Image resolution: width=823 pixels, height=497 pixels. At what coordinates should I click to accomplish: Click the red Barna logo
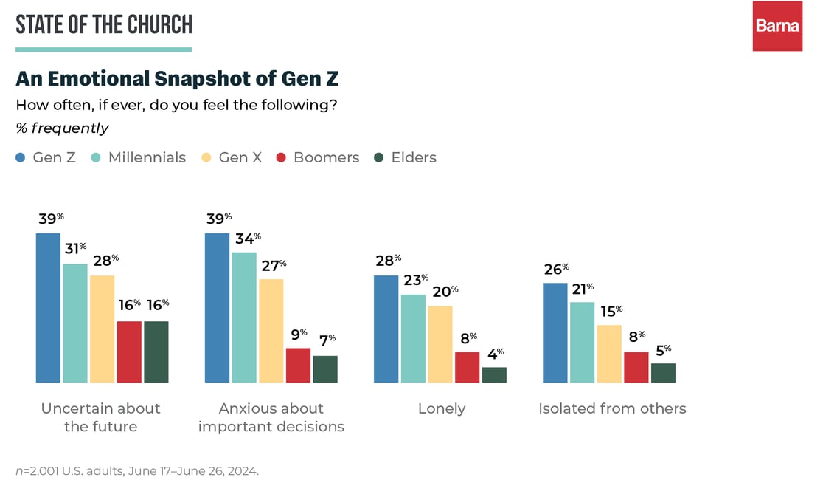pyautogui.click(x=777, y=26)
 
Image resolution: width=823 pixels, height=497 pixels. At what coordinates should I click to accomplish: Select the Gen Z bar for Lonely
pyautogui.click(x=386, y=329)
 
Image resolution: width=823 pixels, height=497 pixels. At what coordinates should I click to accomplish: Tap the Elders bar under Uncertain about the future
pyautogui.click(x=156, y=352)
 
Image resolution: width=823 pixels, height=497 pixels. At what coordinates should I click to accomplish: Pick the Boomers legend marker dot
pyautogui.click(x=280, y=157)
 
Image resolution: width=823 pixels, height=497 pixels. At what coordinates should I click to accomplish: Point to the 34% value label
pyautogui.click(x=247, y=239)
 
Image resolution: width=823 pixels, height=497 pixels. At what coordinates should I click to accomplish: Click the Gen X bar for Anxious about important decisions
pyautogui.click(x=271, y=331)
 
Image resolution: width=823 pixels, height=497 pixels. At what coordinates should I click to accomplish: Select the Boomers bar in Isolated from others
pyautogui.click(x=636, y=367)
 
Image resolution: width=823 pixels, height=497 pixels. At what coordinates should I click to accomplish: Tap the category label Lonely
pyautogui.click(x=441, y=408)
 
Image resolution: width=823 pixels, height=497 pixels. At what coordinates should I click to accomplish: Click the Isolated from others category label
pyautogui.click(x=611, y=408)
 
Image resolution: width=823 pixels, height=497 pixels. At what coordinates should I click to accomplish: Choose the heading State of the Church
pyautogui.click(x=104, y=24)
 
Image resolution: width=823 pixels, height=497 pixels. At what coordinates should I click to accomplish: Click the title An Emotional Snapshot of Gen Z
pyautogui.click(x=177, y=78)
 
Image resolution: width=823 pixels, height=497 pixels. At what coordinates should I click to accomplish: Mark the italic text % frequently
pyautogui.click(x=63, y=128)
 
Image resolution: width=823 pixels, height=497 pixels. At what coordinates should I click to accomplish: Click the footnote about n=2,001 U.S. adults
pyautogui.click(x=137, y=470)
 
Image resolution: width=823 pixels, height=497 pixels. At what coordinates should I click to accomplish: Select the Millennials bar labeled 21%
pyautogui.click(x=582, y=342)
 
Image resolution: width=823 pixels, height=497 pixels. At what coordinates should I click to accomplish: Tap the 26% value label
pyautogui.click(x=556, y=269)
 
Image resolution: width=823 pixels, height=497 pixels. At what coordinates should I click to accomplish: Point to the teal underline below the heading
pyautogui.click(x=103, y=49)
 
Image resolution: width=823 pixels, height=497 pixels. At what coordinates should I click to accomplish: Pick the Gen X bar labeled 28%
pyautogui.click(x=102, y=329)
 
